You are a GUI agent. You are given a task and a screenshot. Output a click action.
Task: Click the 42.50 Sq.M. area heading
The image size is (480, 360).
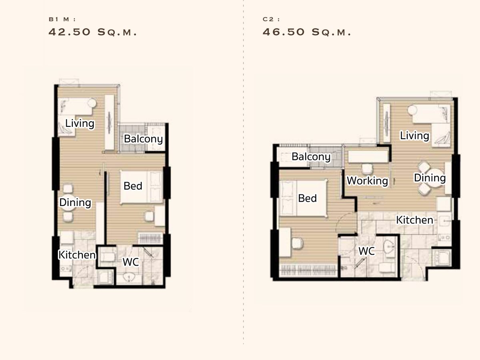coord(92,32)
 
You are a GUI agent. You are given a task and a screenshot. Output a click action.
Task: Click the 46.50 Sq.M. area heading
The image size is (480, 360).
coord(306,32)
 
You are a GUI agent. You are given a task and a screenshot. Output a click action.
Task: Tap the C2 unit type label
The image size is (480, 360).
coord(271,19)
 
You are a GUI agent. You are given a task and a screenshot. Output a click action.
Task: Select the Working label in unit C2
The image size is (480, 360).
coord(367,180)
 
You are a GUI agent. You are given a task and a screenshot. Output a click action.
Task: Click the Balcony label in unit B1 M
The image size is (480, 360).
coord(143,139)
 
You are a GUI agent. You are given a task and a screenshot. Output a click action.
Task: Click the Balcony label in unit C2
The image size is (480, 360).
coord(311,156)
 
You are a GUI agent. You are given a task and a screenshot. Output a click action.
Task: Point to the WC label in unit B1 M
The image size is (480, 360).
coord(130,262)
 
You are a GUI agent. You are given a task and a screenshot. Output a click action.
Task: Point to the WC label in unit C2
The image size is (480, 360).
coord(367,251)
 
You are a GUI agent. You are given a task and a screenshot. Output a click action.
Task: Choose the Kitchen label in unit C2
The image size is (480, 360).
coord(415,220)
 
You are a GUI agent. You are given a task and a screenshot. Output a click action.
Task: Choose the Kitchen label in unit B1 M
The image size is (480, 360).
coord(77,255)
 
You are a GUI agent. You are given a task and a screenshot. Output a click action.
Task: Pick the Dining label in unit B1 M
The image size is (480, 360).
coord(75,203)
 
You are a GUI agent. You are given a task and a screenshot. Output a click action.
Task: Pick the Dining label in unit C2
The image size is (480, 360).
coord(430,178)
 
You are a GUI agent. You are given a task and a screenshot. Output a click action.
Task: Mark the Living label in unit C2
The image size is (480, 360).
coord(414,136)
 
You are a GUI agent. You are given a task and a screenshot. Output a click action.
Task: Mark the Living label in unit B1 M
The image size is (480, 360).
coord(80,124)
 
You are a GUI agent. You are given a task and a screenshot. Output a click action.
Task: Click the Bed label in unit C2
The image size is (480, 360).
coord(307,198)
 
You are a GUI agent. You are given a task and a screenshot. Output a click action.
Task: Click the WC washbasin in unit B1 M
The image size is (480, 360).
coord(129,278)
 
